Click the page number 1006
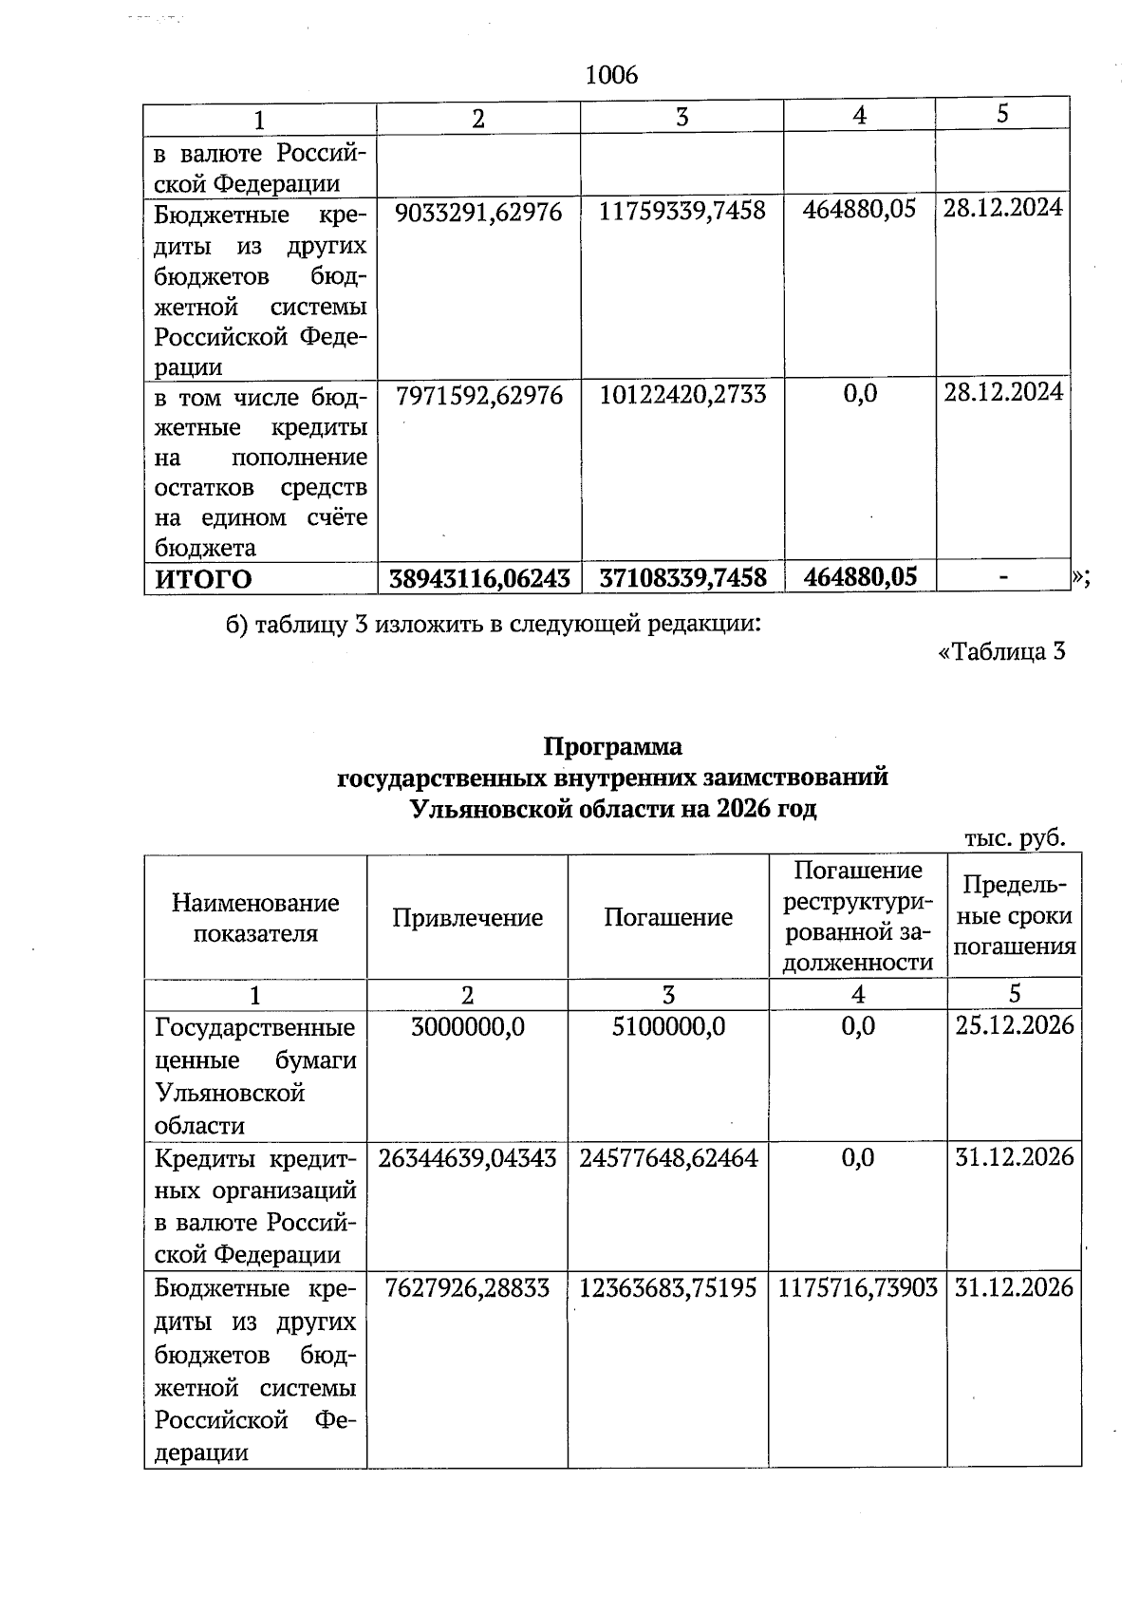click(612, 75)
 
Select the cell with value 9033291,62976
click(478, 211)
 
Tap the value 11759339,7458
click(682, 211)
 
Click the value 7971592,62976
click(478, 395)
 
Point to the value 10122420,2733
click(682, 395)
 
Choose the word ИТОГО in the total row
click(203, 578)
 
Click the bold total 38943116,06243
click(479, 578)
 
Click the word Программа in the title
click(612, 746)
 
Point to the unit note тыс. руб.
click(1015, 838)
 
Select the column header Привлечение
click(467, 917)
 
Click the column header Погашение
click(668, 917)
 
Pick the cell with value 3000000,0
click(467, 1026)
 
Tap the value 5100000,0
click(668, 1026)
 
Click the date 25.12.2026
click(1014, 1025)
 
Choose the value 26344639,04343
click(467, 1157)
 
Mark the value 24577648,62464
click(668, 1157)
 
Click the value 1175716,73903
click(858, 1288)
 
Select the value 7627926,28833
click(467, 1288)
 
